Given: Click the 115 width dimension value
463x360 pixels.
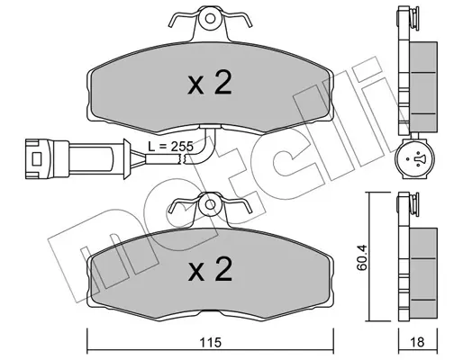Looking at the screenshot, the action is [x=210, y=342].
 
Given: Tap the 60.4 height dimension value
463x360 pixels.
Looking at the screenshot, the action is [x=362, y=258].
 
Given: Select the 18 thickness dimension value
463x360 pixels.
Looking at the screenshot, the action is [x=417, y=342].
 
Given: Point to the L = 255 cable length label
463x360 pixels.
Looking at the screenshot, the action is [x=170, y=147].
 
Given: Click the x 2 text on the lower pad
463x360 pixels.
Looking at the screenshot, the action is [x=210, y=269].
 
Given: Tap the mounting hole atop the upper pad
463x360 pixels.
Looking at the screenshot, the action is [x=210, y=19].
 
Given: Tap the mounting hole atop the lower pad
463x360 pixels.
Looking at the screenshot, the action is [x=210, y=204].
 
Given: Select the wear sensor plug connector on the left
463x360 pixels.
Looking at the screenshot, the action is [x=77, y=159].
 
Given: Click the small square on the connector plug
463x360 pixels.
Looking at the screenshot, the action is [x=37, y=158].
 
